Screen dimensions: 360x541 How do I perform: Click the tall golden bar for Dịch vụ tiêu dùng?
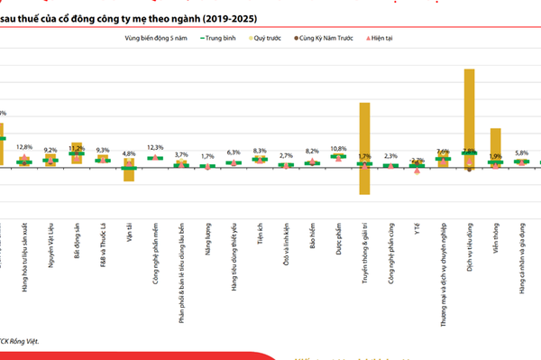tap(469, 108)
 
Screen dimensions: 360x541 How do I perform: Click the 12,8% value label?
tap(24, 146)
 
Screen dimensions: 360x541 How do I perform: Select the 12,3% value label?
tap(155, 147)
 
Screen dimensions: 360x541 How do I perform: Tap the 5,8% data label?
tap(521, 153)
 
